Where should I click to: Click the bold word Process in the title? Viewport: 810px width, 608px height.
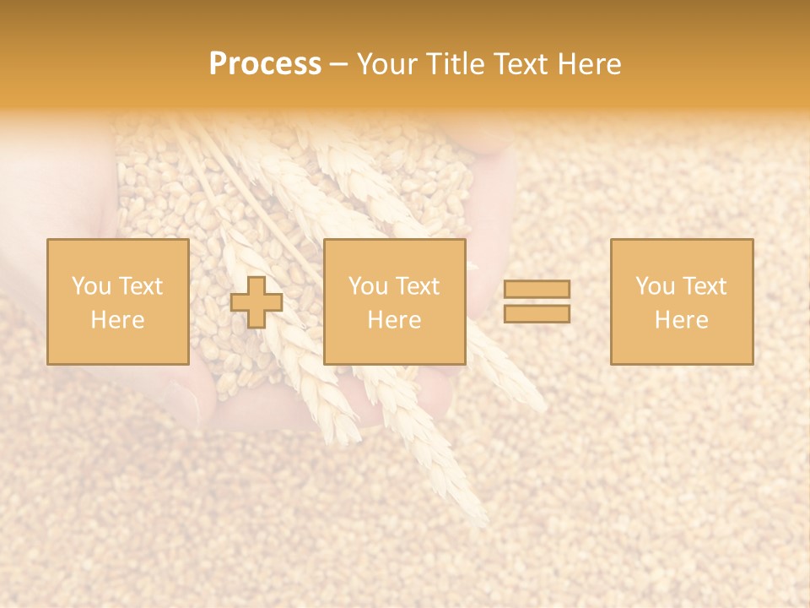[265, 64]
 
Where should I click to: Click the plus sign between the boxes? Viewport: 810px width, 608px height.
[256, 302]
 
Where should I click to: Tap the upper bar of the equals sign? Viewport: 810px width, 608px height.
[537, 289]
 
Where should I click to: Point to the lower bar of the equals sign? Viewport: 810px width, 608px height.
[537, 313]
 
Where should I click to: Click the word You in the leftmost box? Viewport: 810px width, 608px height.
[91, 286]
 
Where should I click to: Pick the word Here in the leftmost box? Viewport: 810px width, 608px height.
[117, 320]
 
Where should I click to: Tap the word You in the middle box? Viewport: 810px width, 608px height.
[368, 286]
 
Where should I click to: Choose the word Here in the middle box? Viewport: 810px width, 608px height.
[394, 320]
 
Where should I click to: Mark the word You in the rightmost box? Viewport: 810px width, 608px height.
[655, 286]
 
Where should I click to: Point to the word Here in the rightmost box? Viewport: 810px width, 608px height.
[681, 320]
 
